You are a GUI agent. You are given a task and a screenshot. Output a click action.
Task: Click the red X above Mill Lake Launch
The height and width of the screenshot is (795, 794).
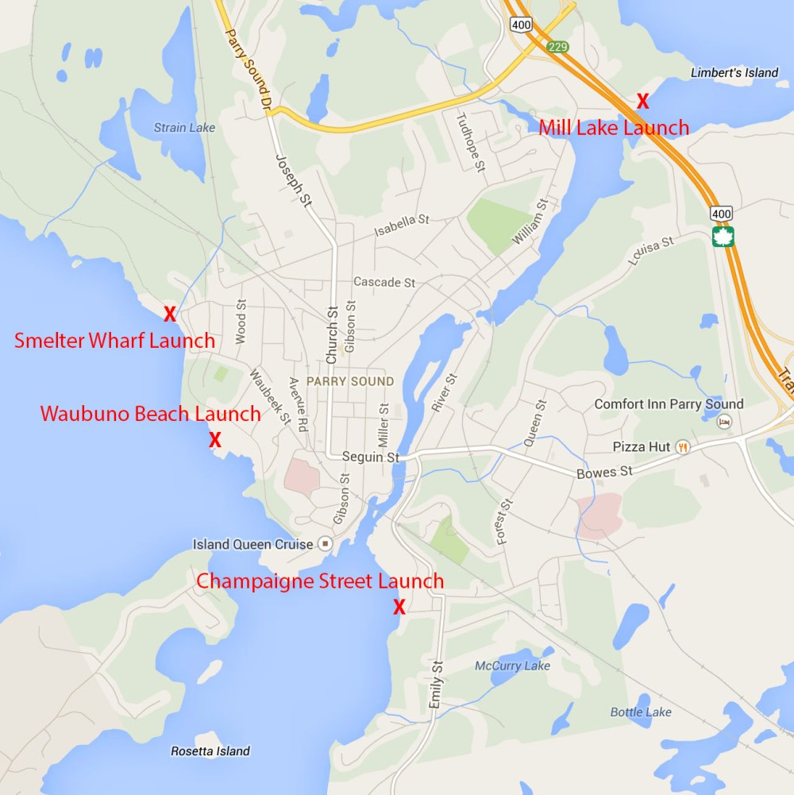coord(643,101)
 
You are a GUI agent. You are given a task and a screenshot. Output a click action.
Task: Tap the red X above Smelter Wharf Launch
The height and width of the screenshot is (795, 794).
coord(169,314)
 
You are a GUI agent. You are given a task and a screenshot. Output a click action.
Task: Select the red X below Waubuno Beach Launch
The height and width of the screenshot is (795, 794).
coord(214,439)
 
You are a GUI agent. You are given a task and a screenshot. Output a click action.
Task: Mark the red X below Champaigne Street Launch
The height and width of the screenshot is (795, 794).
coord(399,608)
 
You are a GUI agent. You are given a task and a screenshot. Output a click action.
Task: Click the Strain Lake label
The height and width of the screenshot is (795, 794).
coord(184,127)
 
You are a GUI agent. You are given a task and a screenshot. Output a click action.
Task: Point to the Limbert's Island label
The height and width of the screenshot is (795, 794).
coord(734,73)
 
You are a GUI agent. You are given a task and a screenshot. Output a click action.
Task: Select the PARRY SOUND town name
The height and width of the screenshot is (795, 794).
coord(350,381)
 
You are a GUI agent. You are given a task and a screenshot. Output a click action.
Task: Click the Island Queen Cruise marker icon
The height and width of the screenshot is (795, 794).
coord(325,544)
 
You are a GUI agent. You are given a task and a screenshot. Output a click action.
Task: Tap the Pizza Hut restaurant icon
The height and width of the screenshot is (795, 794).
coord(683,447)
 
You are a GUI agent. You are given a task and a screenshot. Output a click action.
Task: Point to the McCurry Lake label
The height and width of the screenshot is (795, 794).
coord(512,666)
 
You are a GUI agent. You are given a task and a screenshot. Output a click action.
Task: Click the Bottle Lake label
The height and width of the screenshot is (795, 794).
coord(641,712)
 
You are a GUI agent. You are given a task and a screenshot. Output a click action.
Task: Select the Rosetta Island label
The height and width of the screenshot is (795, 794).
coord(210,751)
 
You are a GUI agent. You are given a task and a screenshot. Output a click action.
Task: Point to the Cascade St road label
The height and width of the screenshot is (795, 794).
coord(384,282)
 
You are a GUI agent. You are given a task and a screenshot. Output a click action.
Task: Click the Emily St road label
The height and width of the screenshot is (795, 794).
coord(435,683)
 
